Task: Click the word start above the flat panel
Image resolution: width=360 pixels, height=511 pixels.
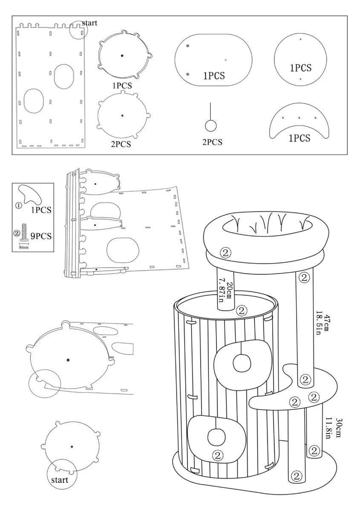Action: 89,23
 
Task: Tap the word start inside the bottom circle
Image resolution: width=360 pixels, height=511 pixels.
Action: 60,480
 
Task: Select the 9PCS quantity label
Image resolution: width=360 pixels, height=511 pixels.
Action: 41,235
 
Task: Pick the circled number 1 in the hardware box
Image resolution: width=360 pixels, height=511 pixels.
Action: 19,205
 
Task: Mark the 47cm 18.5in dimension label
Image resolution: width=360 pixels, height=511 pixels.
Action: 323,324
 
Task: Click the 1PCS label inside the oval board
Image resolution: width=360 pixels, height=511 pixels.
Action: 214,76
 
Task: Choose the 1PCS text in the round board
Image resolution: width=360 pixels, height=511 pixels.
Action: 300,68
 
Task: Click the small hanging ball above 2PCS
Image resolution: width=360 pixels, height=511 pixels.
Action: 210,126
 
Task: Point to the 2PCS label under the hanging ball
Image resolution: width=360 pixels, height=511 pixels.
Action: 212,142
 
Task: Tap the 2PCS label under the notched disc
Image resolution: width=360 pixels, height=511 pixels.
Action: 121,144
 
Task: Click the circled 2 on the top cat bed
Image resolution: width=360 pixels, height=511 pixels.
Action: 226,253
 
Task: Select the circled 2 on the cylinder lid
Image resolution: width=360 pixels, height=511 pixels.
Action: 242,310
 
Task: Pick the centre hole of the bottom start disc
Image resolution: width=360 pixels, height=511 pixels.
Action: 72,446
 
